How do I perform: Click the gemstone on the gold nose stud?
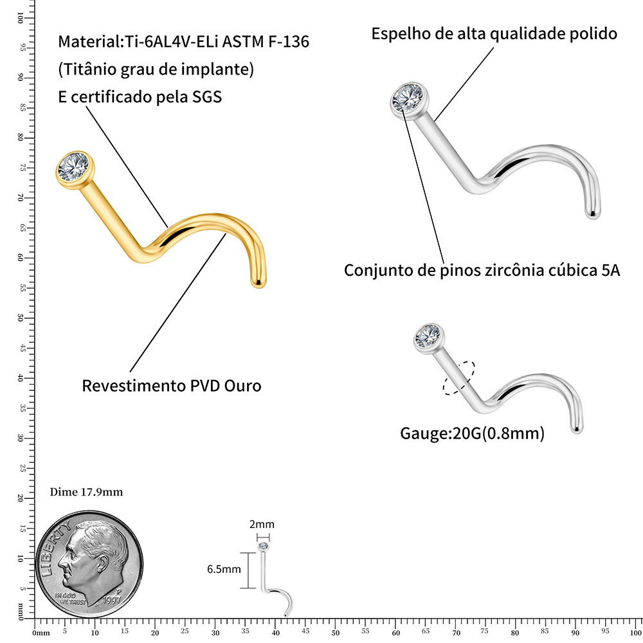pyautogui.click(x=74, y=167)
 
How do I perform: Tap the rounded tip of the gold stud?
pyautogui.click(x=258, y=283)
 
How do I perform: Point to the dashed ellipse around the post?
pyautogui.click(x=459, y=377)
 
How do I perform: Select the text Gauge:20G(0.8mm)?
pyautogui.click(x=472, y=433)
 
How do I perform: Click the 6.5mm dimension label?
pyautogui.click(x=224, y=569)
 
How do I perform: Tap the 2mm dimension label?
pyautogui.click(x=262, y=524)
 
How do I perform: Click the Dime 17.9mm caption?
pyautogui.click(x=87, y=492)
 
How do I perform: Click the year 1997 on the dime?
pyautogui.click(x=112, y=600)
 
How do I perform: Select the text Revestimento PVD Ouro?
pyautogui.click(x=172, y=386)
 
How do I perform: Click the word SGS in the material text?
pyautogui.click(x=206, y=97)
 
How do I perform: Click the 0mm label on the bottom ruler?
pyautogui.click(x=41, y=633)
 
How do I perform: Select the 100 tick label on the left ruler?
pyautogui.click(x=20, y=17)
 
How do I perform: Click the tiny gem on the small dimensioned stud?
pyautogui.click(x=263, y=546)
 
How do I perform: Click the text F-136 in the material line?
pyautogui.click(x=289, y=42)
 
